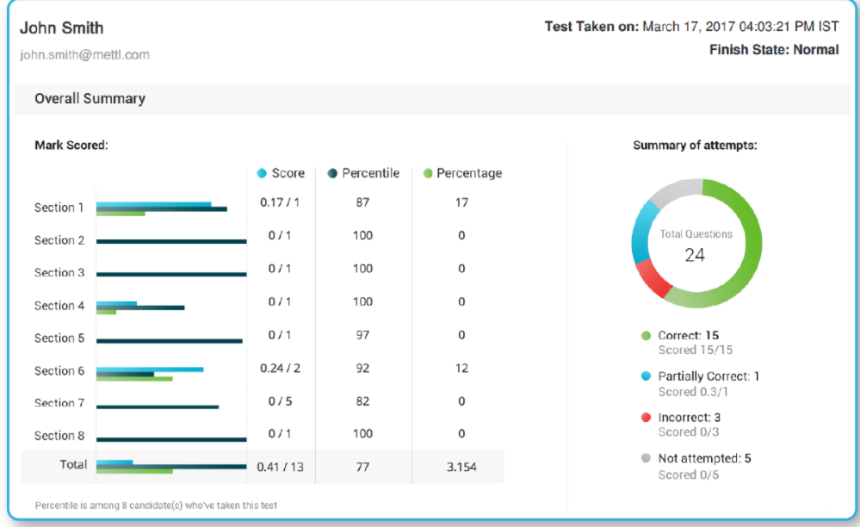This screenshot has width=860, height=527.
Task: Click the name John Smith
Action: [x=61, y=28]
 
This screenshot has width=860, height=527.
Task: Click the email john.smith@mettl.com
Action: [x=84, y=54]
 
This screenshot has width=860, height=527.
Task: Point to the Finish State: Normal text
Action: [x=773, y=50]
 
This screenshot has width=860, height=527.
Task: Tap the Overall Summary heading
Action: [x=90, y=98]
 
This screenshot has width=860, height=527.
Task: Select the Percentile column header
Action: [x=370, y=173]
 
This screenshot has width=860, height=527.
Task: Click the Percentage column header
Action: [x=468, y=173]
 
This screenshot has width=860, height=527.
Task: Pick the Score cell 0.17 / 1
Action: [x=280, y=202]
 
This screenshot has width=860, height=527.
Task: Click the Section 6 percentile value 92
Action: [x=362, y=368]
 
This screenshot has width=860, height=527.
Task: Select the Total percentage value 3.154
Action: [x=461, y=467]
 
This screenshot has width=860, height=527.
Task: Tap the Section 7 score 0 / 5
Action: [x=280, y=400]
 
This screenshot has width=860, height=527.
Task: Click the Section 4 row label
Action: [x=59, y=306]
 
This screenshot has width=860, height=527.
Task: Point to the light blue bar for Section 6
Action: [x=150, y=369]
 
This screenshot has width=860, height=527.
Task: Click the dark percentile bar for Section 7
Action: [x=158, y=406]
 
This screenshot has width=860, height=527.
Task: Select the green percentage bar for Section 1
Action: [x=121, y=213]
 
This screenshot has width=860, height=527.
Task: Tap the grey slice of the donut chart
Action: [x=675, y=190]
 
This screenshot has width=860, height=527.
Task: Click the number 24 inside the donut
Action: [x=695, y=255]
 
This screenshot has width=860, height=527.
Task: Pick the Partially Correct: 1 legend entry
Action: [x=708, y=376]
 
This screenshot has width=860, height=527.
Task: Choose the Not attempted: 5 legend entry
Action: [x=703, y=458]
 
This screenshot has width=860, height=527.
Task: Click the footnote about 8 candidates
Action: [x=156, y=505]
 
